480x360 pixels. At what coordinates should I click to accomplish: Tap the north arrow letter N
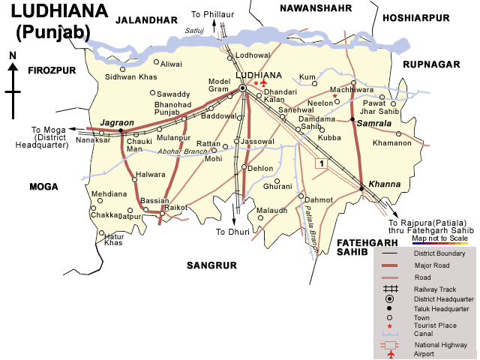[13, 55]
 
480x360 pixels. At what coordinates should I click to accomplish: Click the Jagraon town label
[116, 121]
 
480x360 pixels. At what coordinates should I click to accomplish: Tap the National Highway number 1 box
[321, 163]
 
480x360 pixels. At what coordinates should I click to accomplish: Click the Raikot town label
[175, 206]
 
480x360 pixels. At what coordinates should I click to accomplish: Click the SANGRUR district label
[211, 265]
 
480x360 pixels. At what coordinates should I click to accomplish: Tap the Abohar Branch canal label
[182, 151]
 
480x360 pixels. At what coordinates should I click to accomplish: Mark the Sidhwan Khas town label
[131, 76]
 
